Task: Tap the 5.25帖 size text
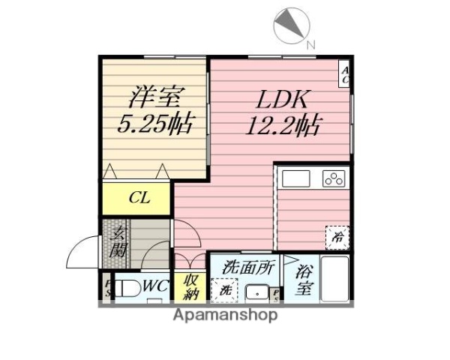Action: point(155,124)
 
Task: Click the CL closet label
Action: point(139,199)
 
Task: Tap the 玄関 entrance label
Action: point(118,241)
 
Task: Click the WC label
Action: point(155,286)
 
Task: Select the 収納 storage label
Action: point(188,287)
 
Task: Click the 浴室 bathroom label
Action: point(304,279)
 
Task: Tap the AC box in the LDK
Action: point(346,74)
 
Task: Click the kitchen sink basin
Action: point(295,179)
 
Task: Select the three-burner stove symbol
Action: point(334,178)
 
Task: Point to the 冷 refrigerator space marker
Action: point(337,238)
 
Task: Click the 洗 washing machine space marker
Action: point(223,289)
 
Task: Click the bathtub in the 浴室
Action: point(335,279)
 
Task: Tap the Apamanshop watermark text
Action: point(226,315)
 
